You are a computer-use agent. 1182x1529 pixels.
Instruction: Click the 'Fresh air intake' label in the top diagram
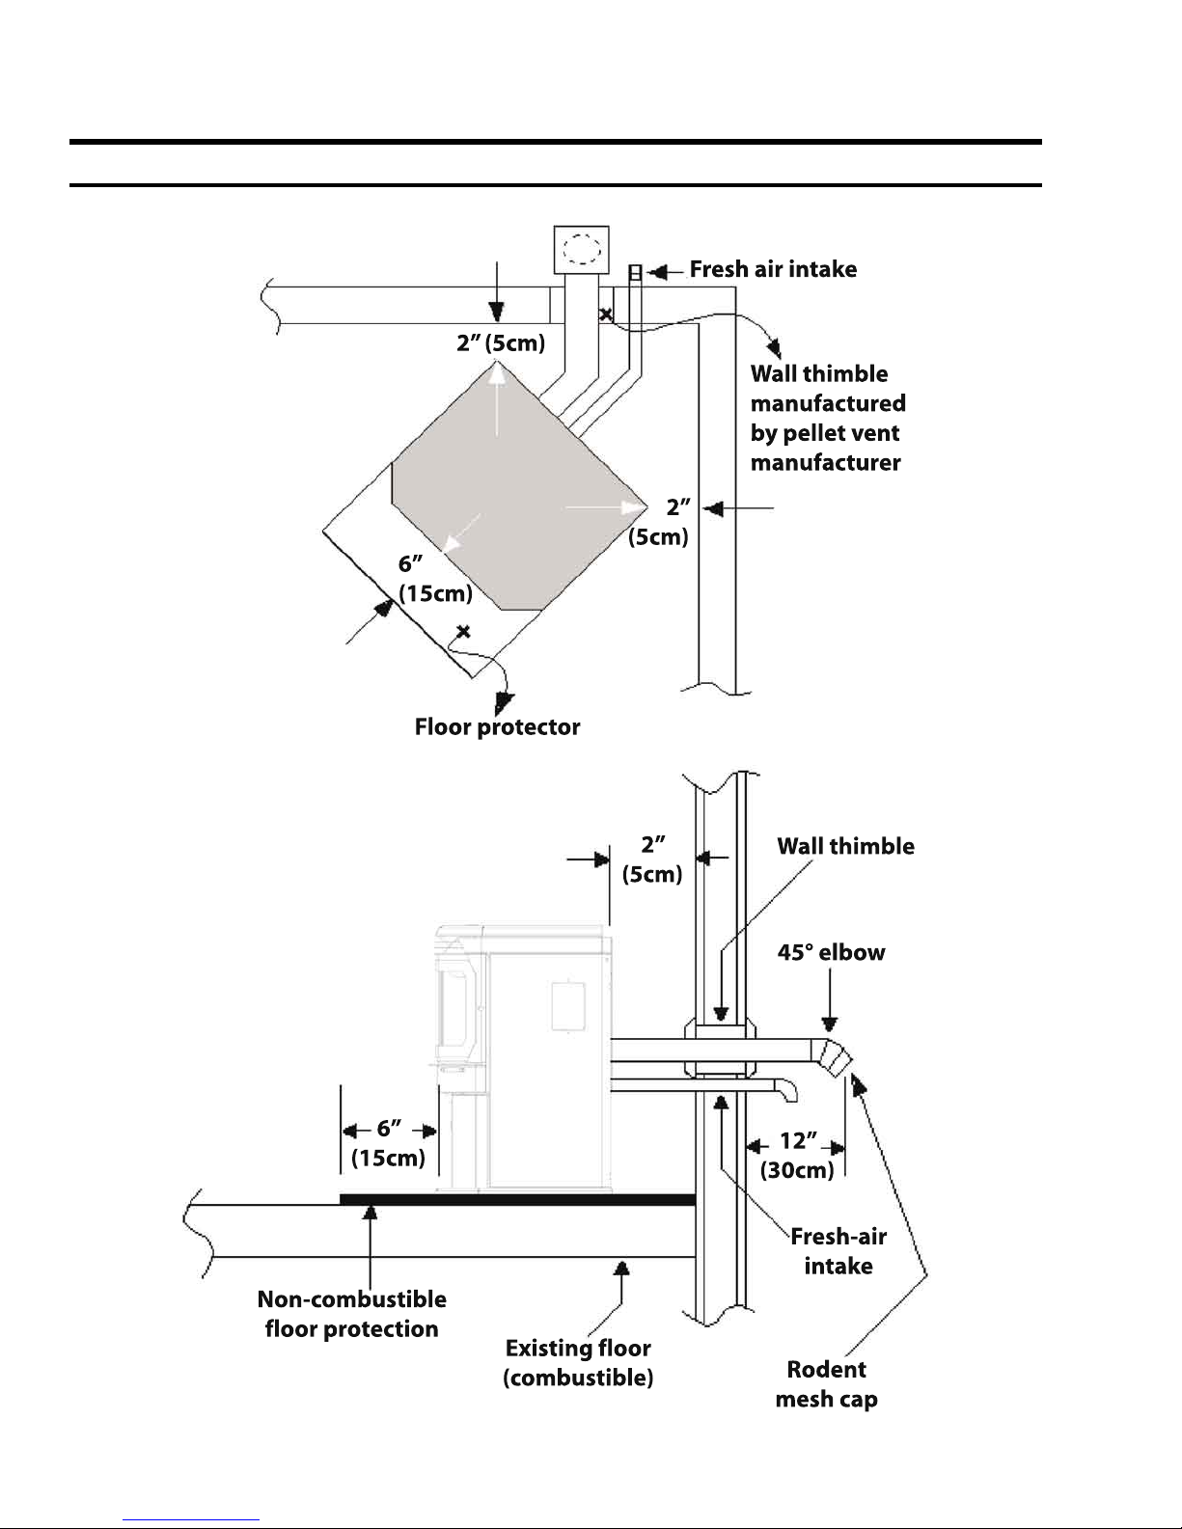(773, 269)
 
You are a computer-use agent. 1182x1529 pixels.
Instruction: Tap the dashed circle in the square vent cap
(581, 249)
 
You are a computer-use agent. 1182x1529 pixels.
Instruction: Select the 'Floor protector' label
(497, 726)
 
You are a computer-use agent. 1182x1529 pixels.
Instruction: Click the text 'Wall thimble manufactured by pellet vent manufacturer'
(827, 418)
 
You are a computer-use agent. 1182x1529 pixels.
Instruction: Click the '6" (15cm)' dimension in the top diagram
(435, 580)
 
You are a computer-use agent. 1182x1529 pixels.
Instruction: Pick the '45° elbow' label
(831, 952)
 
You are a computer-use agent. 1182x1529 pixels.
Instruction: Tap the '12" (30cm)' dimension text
(797, 1156)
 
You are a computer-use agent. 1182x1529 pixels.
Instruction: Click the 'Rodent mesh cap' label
(827, 1383)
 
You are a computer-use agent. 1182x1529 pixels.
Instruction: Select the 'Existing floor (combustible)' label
(578, 1362)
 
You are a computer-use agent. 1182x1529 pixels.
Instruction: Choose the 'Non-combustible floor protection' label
(351, 1314)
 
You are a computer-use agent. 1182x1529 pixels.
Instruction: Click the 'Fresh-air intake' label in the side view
(838, 1250)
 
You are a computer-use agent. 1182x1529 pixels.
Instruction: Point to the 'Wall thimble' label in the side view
(845, 846)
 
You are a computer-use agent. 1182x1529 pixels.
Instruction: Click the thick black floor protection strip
(517, 1199)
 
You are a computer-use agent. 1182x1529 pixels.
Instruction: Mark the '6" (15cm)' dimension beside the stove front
(388, 1143)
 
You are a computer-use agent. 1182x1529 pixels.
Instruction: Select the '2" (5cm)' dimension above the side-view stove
(652, 859)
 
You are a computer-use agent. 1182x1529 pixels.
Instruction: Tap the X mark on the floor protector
(464, 632)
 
